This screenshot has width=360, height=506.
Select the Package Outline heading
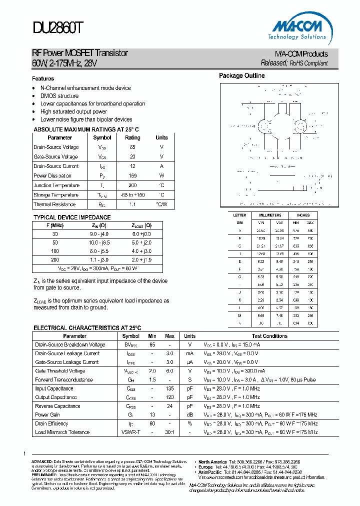[x=242, y=76]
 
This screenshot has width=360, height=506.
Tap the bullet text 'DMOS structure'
[x=59, y=96]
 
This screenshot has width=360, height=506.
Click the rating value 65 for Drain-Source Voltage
[x=132, y=147]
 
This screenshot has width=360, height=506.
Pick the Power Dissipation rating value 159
[x=132, y=176]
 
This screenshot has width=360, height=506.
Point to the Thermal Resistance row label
[x=54, y=204]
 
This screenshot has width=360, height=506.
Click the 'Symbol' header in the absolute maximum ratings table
[x=102, y=137]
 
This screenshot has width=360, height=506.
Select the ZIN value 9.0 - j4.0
[x=99, y=234]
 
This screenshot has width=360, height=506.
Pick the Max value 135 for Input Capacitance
[x=169, y=389]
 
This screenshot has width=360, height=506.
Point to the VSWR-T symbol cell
[x=131, y=432]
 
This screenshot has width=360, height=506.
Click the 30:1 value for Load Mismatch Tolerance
[x=169, y=432]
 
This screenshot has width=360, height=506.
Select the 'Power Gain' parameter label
[x=47, y=415]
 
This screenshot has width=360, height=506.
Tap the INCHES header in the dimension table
[x=303, y=215]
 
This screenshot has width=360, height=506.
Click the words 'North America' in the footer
[x=213, y=462]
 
